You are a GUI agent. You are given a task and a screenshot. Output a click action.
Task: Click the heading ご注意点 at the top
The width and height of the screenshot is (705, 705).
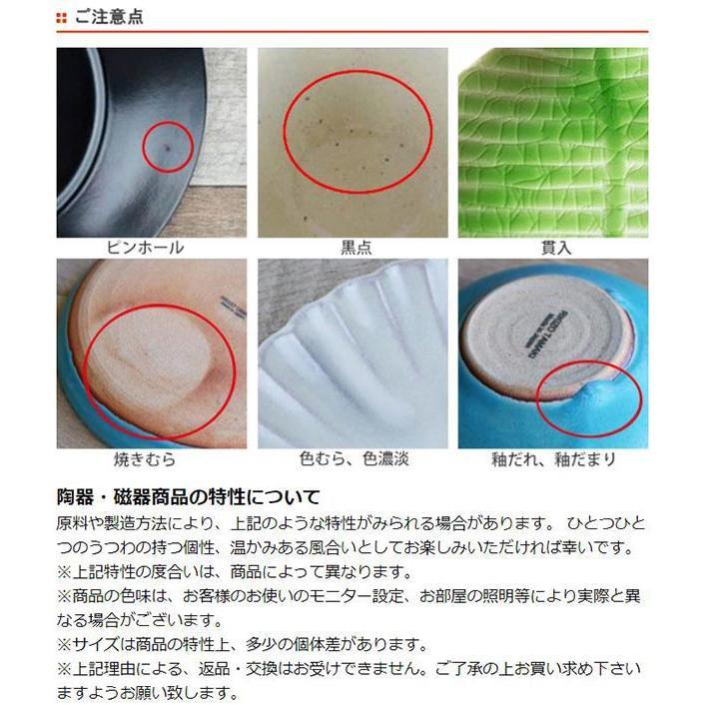point(110,17)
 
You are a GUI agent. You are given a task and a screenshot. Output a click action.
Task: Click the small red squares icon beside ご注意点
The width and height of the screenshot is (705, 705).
point(62,17)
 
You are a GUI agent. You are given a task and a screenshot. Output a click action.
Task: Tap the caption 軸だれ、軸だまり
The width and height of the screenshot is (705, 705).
point(553,459)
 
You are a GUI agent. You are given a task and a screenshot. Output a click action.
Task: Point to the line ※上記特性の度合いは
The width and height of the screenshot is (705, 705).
point(236,572)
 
